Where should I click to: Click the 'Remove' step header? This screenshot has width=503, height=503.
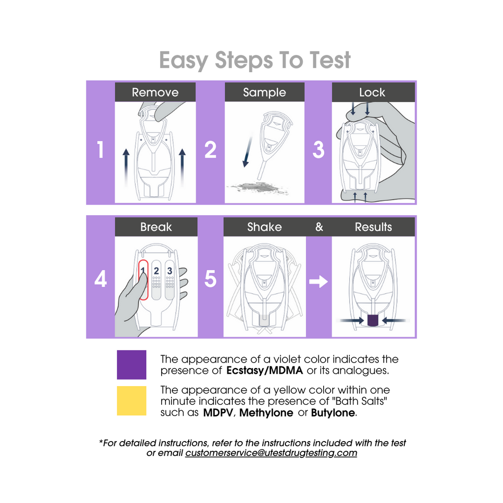pyautogui.click(x=155, y=92)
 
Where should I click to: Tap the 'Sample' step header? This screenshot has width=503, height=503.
pyautogui.click(x=264, y=92)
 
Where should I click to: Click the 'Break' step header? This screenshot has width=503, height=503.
pyautogui.click(x=156, y=227)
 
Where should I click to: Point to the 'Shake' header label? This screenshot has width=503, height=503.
pyautogui.click(x=264, y=227)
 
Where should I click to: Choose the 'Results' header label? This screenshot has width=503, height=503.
pyautogui.click(x=373, y=227)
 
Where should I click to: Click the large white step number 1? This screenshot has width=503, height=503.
pyautogui.click(x=100, y=149)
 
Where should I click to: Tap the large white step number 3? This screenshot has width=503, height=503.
pyautogui.click(x=318, y=149)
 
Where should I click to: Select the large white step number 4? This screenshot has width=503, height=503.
pyautogui.click(x=100, y=279)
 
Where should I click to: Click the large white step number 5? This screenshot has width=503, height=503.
pyautogui.click(x=210, y=279)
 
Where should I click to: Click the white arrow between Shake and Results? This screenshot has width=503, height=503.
pyautogui.click(x=318, y=281)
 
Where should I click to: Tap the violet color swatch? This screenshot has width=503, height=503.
pyautogui.click(x=132, y=365)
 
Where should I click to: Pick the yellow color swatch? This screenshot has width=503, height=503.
pyautogui.click(x=132, y=401)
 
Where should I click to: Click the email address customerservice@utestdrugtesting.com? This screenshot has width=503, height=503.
pyautogui.click(x=271, y=452)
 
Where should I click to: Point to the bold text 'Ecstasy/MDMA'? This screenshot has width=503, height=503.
pyautogui.click(x=265, y=370)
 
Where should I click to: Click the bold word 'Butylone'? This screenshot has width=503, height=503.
pyautogui.click(x=333, y=413)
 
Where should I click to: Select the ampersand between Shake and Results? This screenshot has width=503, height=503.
pyautogui.click(x=319, y=227)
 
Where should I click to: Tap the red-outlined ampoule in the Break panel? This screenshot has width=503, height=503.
pyautogui.click(x=143, y=279)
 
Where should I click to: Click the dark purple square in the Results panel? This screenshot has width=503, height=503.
pyautogui.click(x=372, y=320)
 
